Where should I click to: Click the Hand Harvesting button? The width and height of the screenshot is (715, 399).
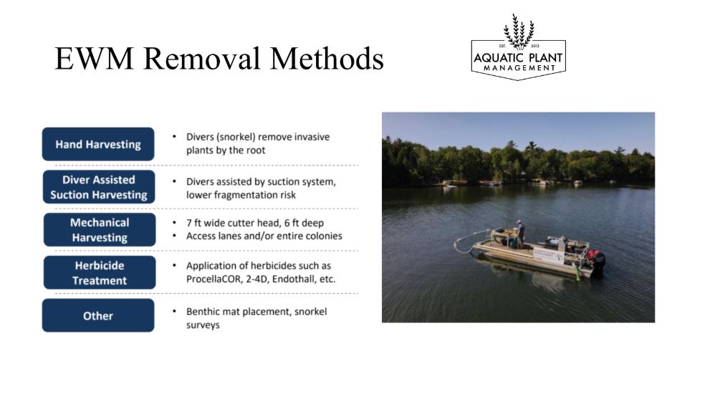[98, 144]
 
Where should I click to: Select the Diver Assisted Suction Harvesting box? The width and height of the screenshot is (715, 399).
[99, 187]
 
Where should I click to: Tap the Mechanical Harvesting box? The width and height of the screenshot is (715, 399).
[100, 230]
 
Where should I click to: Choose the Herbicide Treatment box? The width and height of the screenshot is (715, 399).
[100, 273]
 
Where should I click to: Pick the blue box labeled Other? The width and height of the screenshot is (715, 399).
[98, 316]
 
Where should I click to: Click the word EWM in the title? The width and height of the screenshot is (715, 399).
[94, 58]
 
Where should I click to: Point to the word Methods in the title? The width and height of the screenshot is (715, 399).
[327, 58]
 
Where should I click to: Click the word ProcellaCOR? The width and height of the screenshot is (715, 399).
[213, 279]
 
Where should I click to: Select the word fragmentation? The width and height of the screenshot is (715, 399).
[241, 195]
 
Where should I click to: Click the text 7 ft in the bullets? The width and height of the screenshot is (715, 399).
[194, 223]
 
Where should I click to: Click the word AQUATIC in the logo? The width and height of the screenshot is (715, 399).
[495, 58]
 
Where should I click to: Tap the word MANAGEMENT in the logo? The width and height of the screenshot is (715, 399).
[519, 68]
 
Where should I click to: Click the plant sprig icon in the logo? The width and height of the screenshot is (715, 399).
[519, 31]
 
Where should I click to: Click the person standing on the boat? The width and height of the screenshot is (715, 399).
[520, 234]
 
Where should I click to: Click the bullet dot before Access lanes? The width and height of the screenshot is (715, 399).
[174, 236]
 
